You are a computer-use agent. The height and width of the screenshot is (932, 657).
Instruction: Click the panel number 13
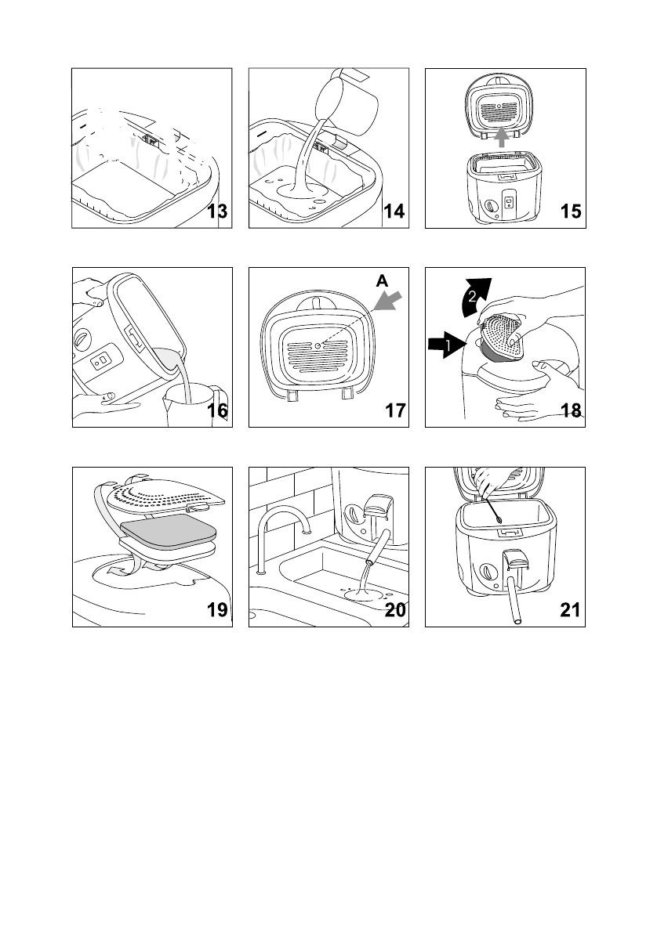pos(218,211)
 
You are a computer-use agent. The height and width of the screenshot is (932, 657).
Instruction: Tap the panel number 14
pos(394,211)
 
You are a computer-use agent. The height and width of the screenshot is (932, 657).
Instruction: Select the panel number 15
pos(571,211)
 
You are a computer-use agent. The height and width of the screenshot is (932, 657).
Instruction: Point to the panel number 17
pos(395,410)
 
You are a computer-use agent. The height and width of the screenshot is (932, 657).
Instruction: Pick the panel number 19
pos(218,610)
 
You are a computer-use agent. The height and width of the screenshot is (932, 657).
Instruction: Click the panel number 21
pos(570,610)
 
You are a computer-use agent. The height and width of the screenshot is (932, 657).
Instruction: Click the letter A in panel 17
pos(382,280)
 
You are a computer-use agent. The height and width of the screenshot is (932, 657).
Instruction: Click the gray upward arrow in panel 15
pos(503,137)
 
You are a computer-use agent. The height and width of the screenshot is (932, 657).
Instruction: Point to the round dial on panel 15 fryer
pos(490,206)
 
